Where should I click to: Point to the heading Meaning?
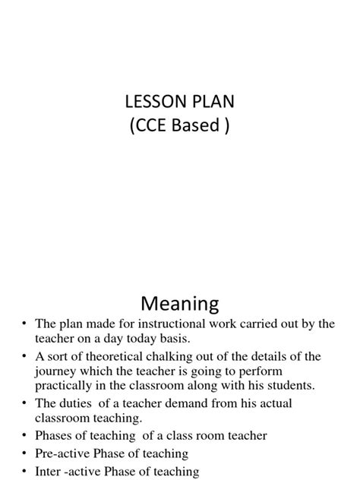coord(180,304)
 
